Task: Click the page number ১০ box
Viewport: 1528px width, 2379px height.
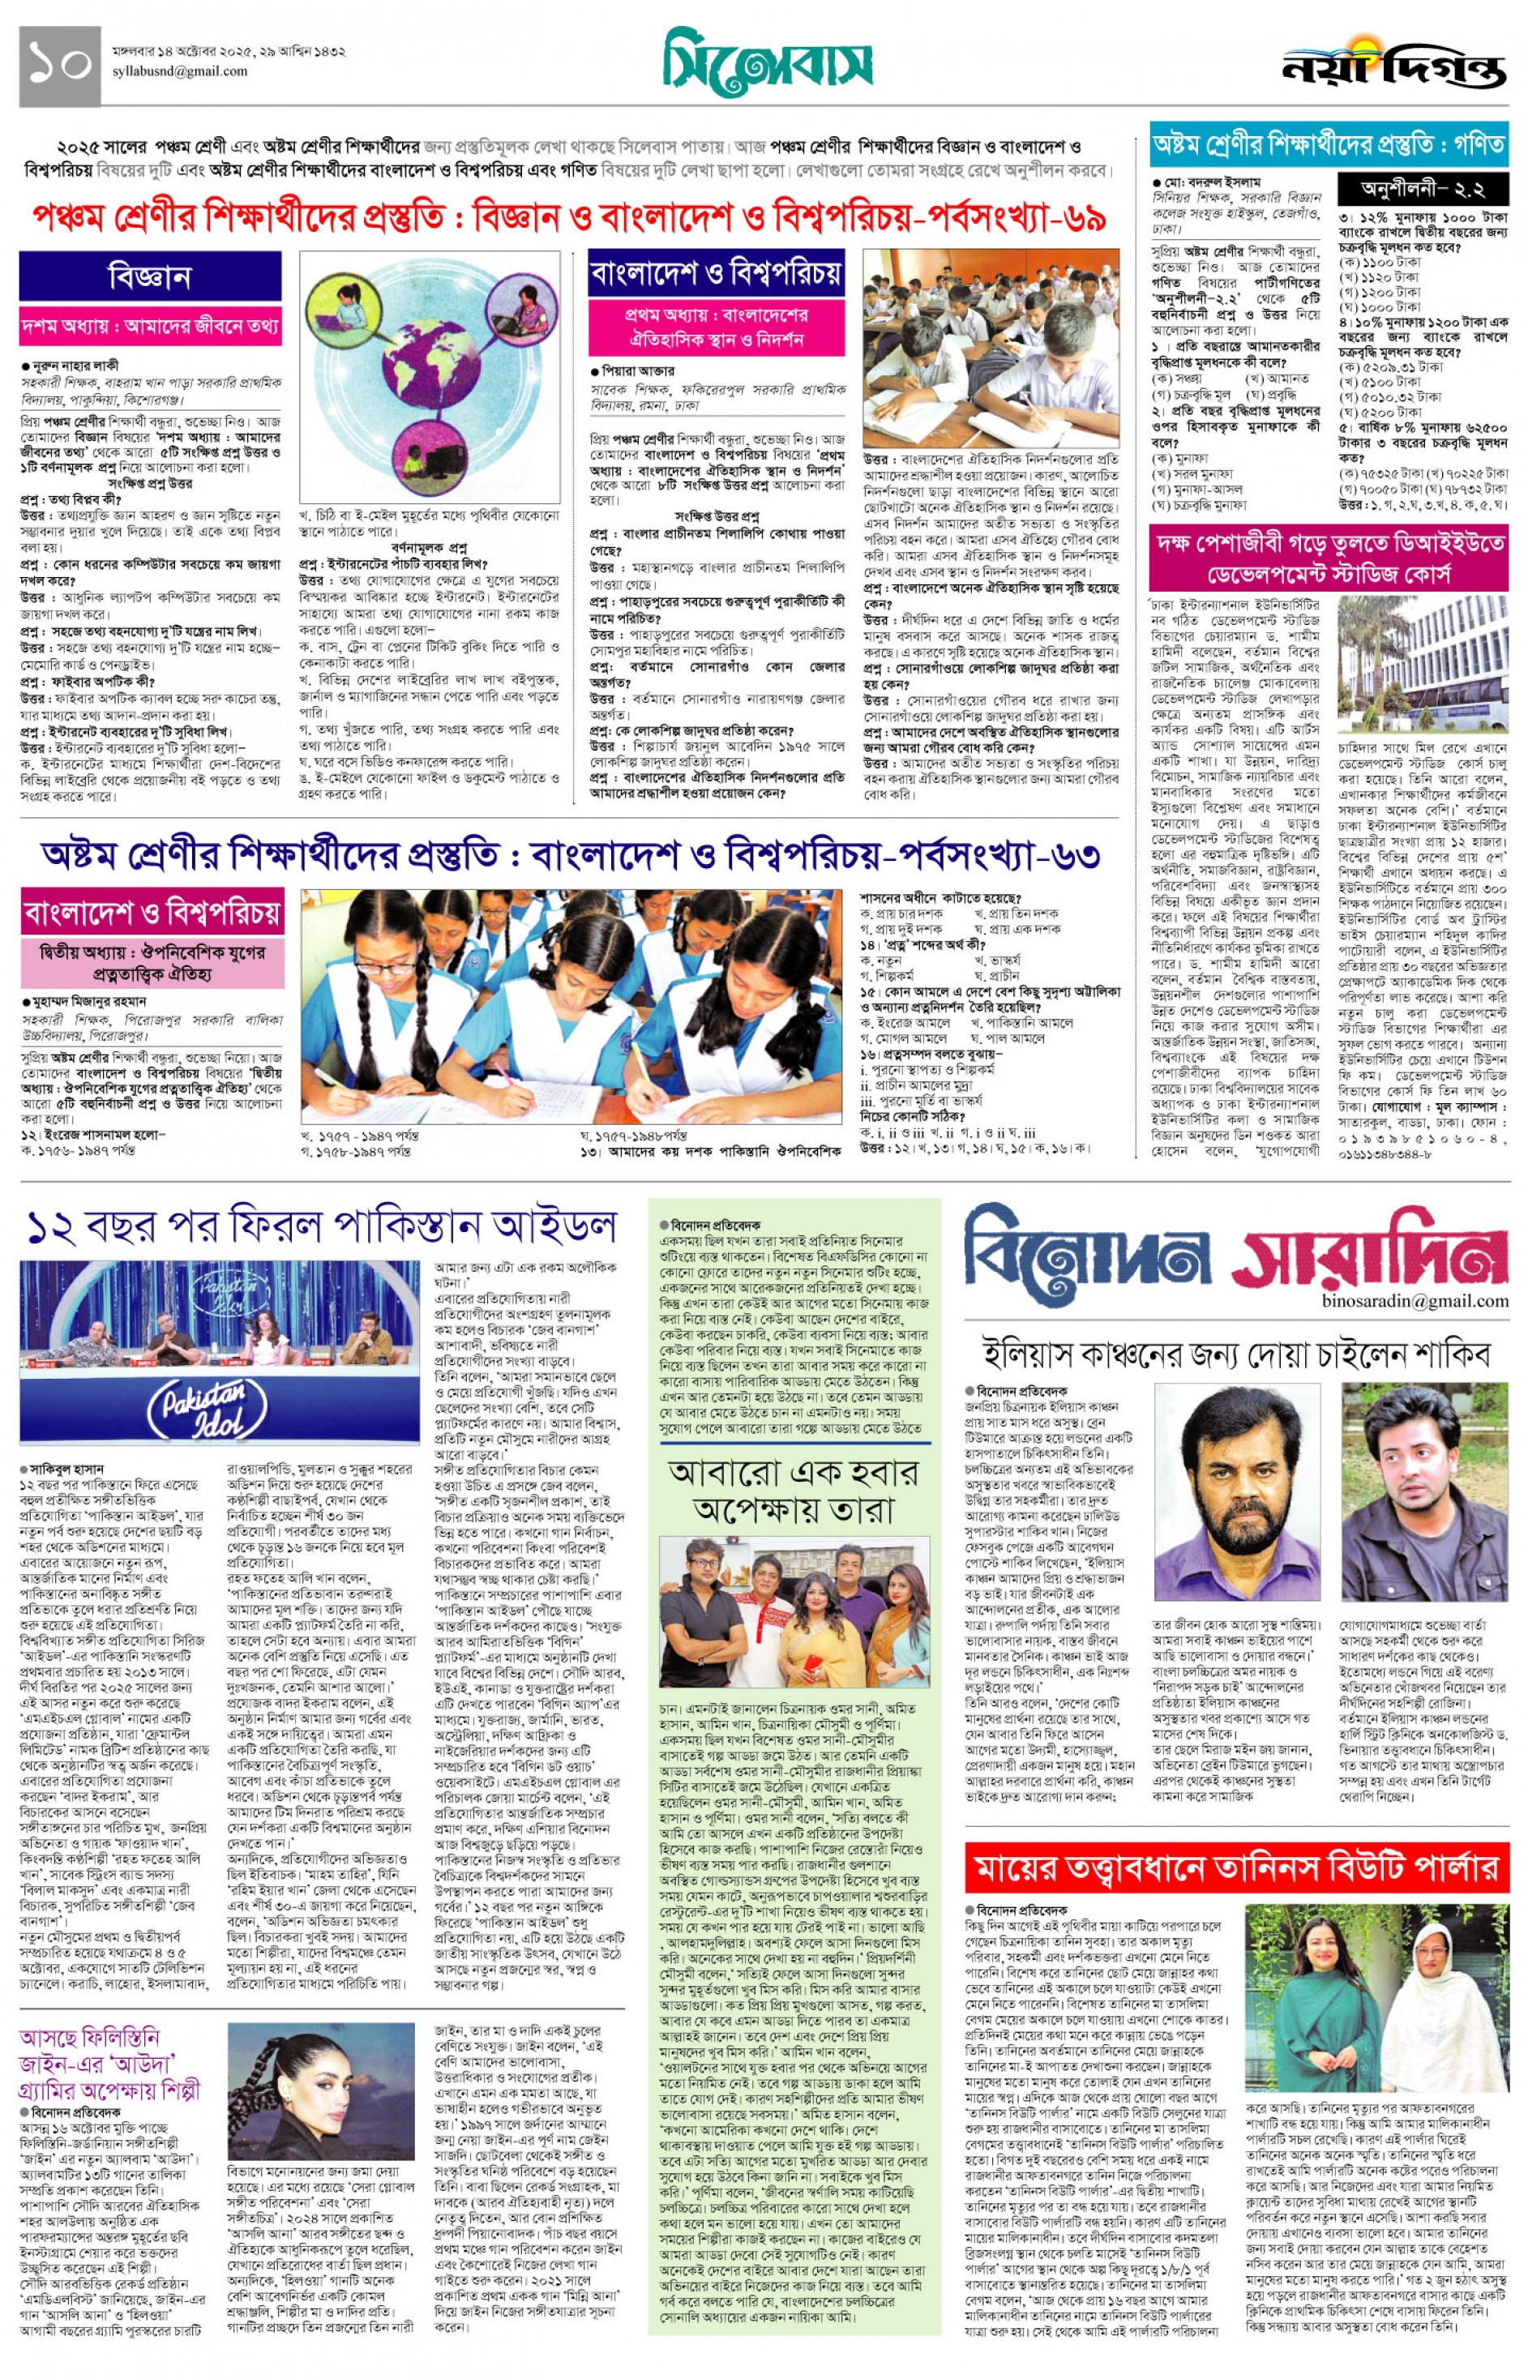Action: coord(59,65)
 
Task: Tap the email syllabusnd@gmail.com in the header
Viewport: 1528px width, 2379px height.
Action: coord(180,71)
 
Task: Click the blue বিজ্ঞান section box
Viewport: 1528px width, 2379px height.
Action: coord(150,276)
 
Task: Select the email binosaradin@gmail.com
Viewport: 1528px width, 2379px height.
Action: coord(1414,1301)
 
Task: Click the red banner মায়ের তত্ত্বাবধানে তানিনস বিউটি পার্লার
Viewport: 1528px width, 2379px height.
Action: coord(1235,1869)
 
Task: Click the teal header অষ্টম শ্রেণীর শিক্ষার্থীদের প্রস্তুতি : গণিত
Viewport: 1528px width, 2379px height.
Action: coord(1328,146)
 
